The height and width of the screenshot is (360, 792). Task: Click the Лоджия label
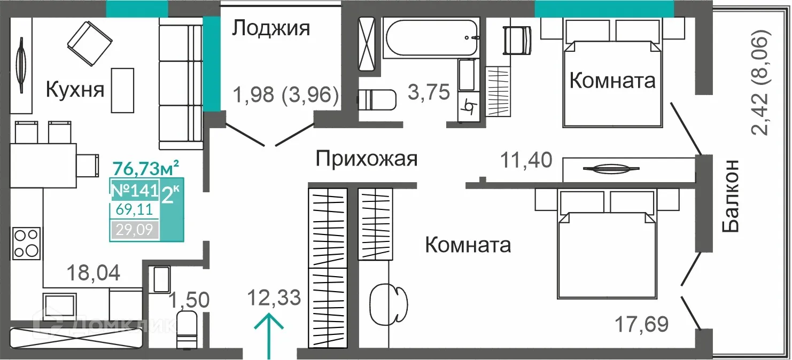tap(271, 28)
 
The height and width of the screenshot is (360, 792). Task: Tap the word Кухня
tap(75, 89)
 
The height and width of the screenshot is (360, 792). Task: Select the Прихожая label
tap(366, 159)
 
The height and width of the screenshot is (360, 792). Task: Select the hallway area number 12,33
tap(274, 296)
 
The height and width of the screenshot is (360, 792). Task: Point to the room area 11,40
tap(526, 159)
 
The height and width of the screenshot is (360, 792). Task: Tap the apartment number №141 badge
tap(134, 190)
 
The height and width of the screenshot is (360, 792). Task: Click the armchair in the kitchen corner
tap(89, 40)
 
